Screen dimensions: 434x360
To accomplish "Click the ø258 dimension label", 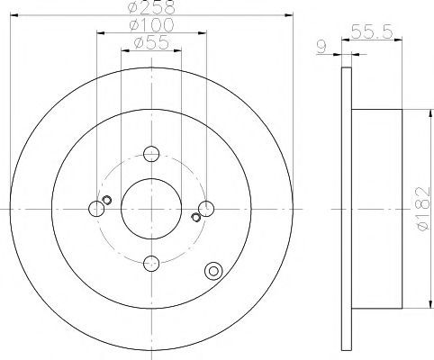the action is coord(151,6).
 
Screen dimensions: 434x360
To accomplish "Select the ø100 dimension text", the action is coord(151,25).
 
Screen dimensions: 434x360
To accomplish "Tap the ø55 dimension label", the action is coord(151,43).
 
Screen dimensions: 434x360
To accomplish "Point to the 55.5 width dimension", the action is coord(372,31).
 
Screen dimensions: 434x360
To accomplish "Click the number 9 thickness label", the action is coord(321,48).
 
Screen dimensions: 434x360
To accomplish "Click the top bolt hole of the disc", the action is coord(151,154).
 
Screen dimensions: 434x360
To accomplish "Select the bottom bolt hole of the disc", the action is coord(151,264).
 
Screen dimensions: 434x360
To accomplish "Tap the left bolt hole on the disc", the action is coord(96,209).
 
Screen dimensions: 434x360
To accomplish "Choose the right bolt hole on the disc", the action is coord(206,209).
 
